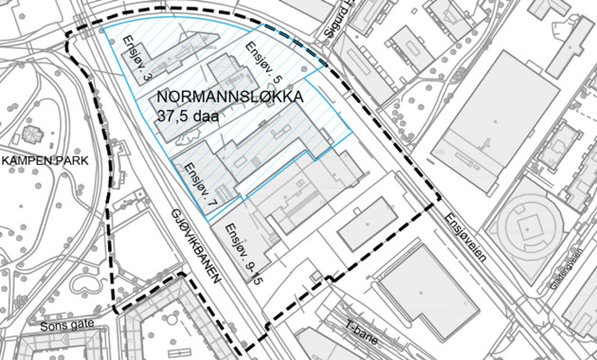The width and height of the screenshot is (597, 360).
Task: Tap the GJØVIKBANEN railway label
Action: pyautogui.click(x=196, y=246)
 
